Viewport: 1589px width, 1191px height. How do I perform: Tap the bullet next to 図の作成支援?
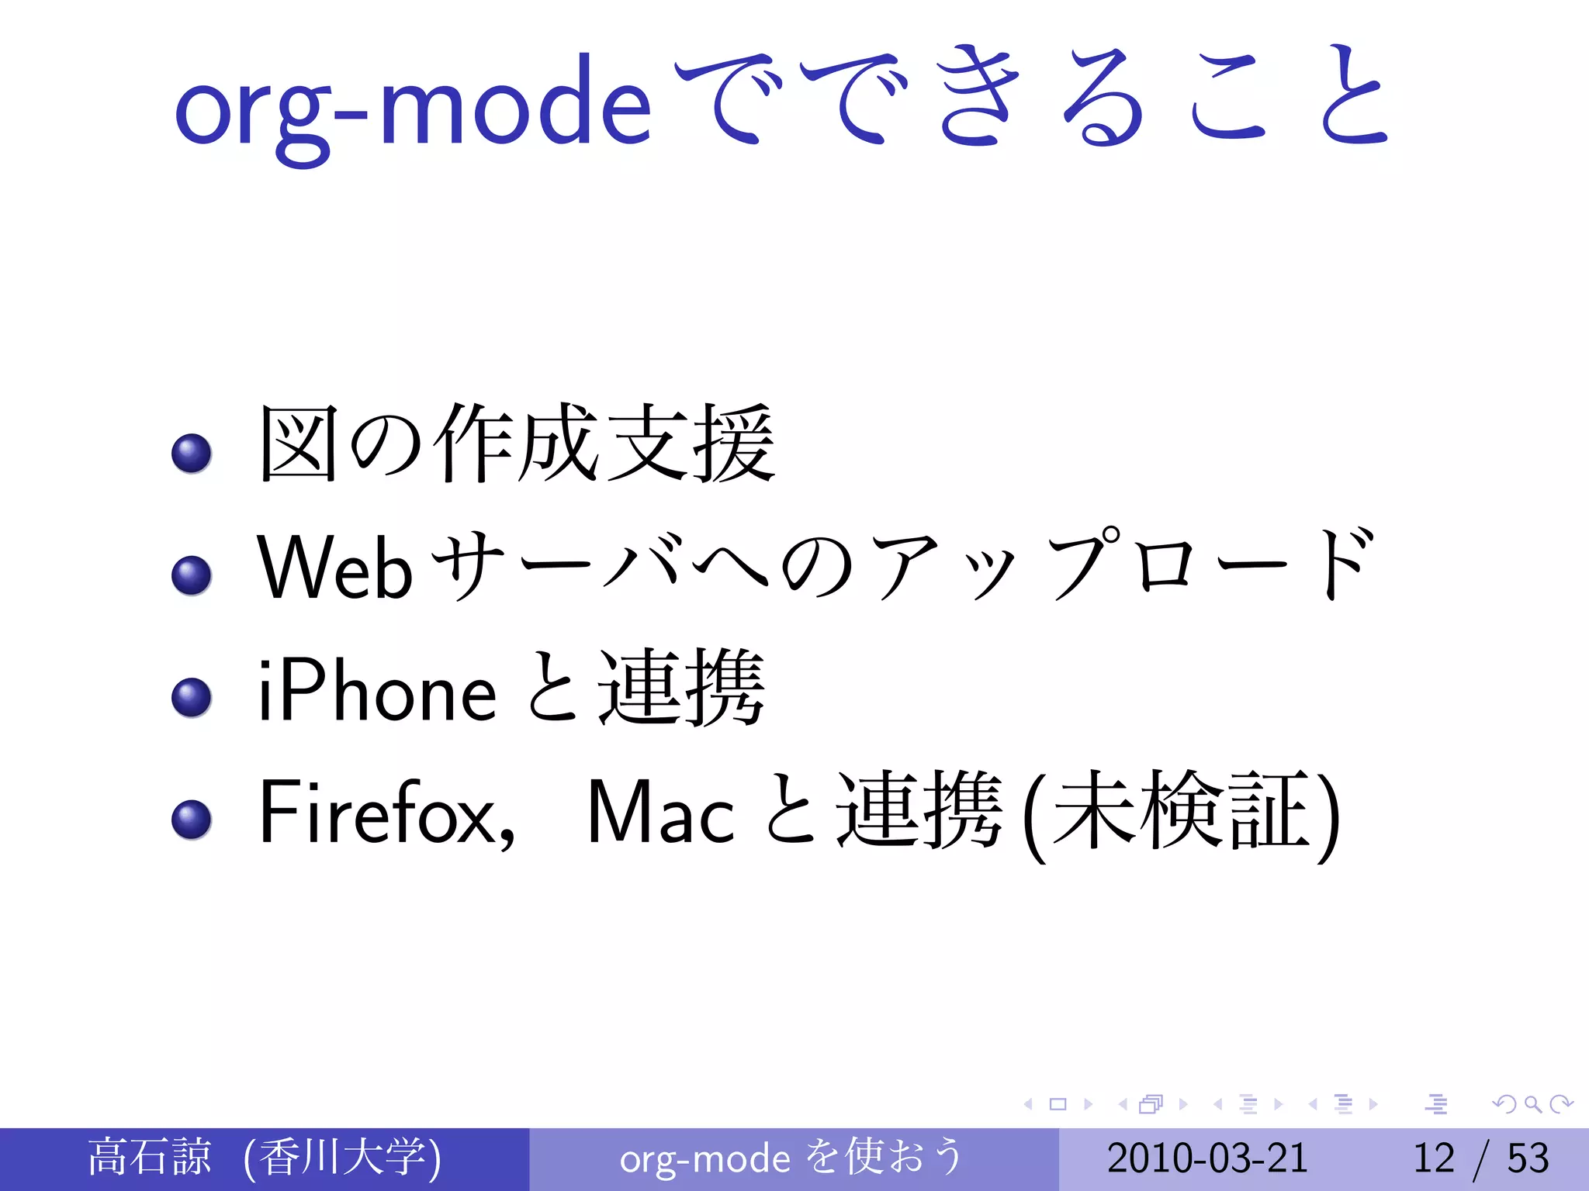click(192, 453)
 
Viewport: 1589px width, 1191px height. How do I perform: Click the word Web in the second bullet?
click(334, 568)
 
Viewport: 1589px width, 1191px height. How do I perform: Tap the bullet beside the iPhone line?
click(192, 697)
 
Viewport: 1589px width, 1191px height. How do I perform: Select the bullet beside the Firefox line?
click(192, 820)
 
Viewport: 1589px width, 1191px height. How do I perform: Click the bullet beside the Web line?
click(192, 575)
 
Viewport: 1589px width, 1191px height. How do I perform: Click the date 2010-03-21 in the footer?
click(1206, 1158)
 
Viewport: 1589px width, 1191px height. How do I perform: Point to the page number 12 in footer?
click(1433, 1158)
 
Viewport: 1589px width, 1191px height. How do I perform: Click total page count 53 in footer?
click(1528, 1158)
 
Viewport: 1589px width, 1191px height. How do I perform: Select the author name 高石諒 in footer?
click(149, 1157)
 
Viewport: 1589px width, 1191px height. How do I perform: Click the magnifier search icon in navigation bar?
click(1532, 1103)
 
